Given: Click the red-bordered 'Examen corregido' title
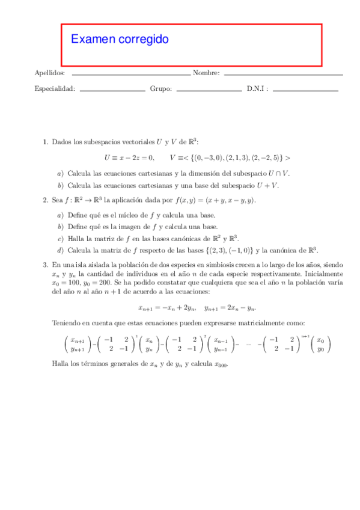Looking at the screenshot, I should [120, 40].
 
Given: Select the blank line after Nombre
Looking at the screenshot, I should [282, 74].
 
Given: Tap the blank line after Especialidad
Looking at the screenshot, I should [112, 90].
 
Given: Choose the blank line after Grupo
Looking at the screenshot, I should [210, 90].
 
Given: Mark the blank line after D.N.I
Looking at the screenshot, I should [305, 90].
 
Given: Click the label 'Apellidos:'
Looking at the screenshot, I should [50, 73].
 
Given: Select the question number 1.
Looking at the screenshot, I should [45, 142].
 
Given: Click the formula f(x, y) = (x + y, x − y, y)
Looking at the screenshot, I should [216, 200].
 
